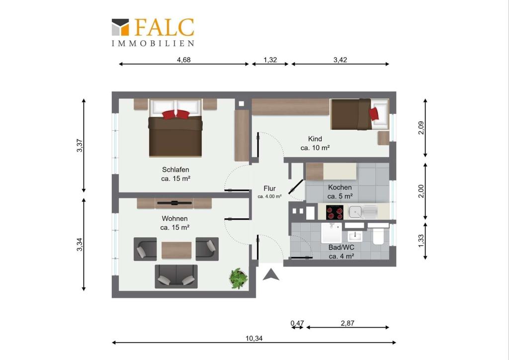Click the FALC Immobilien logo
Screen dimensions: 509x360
pyautogui.click(x=153, y=32)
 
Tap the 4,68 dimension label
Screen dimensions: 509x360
pyautogui.click(x=184, y=60)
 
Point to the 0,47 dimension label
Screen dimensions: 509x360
pyautogui.click(x=297, y=323)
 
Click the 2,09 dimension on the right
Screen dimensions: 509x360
pyautogui.click(x=421, y=128)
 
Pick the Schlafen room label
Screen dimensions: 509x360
pyautogui.click(x=175, y=170)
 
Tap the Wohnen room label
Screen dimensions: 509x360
pyautogui.click(x=174, y=219)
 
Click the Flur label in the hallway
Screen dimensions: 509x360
pyautogui.click(x=269, y=188)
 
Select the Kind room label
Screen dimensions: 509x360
pyautogui.click(x=315, y=139)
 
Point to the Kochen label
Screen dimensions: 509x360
pyautogui.click(x=340, y=187)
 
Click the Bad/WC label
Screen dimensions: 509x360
pyautogui.click(x=341, y=247)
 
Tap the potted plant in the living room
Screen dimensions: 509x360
pyautogui.click(x=239, y=278)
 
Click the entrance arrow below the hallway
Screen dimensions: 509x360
pyautogui.click(x=271, y=274)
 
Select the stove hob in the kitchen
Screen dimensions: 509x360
pyautogui.click(x=335, y=213)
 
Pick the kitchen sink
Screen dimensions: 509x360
pyautogui.click(x=363, y=212)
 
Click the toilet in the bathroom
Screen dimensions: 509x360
pyautogui.click(x=378, y=236)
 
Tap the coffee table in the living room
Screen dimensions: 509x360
pyautogui.click(x=176, y=250)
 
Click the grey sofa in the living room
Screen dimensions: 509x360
pyautogui.click(x=176, y=276)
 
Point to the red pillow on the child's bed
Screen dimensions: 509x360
pyautogui.click(x=374, y=114)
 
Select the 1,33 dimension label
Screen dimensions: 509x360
pyautogui.click(x=421, y=241)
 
